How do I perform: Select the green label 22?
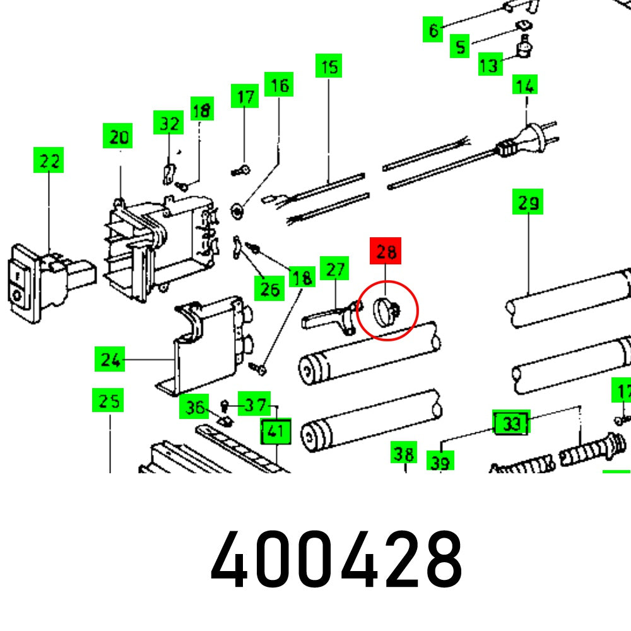(x=49, y=161)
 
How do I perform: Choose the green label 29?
(x=528, y=203)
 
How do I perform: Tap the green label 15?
(x=328, y=66)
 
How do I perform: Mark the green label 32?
(x=168, y=123)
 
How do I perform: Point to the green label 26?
(x=269, y=289)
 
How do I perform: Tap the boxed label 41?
(x=275, y=432)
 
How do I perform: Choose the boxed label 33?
(x=510, y=424)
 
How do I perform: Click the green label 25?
(x=107, y=401)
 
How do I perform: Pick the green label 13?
(x=490, y=64)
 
